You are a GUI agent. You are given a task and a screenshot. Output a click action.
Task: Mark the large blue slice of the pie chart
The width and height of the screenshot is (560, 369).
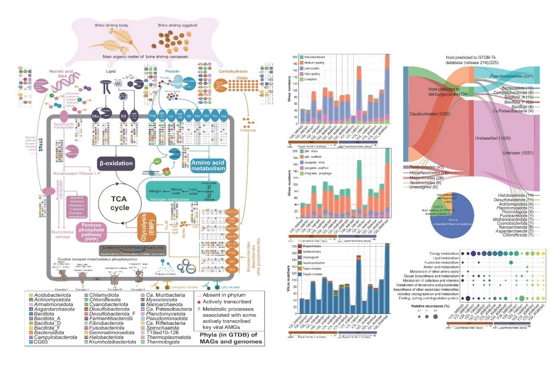454,228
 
